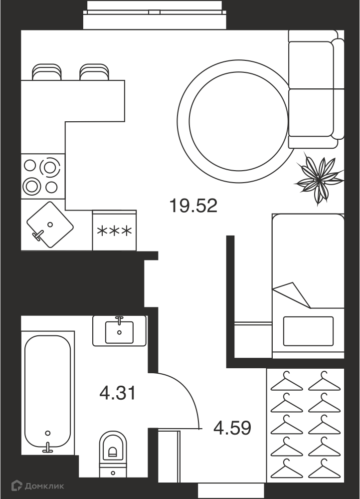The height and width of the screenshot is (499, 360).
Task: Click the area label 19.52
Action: tap(193, 206)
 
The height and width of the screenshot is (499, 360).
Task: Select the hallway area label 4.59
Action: tap(232, 428)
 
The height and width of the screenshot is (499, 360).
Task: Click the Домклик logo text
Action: tap(44, 486)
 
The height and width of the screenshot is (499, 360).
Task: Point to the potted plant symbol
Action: tap(319, 178)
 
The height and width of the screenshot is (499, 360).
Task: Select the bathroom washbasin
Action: tap(119, 331)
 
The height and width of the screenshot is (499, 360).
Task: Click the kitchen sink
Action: tap(50, 225)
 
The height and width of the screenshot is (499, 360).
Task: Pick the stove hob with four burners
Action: tap(43, 177)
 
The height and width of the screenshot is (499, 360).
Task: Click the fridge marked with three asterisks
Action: tap(115, 231)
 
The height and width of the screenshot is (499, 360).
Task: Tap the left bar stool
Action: tap(47, 72)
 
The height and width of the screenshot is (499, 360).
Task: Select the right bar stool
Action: tap(94, 72)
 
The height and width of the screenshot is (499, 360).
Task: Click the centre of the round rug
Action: tap(239, 120)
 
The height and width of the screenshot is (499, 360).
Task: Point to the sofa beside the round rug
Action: tap(316, 89)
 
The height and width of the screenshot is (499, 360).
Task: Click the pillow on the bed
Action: tap(308, 331)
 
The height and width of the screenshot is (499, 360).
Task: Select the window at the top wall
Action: tap(155, 12)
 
